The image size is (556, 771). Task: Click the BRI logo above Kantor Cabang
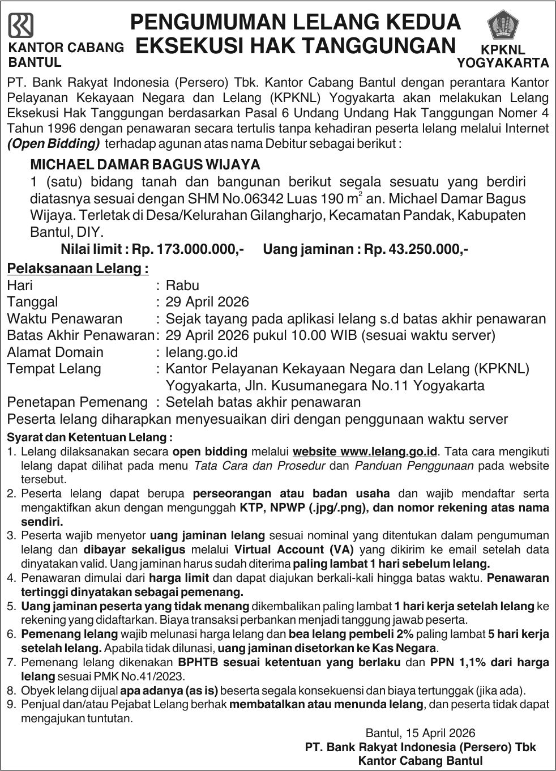coord(21,25)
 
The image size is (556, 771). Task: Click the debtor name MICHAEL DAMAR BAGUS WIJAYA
coord(145,165)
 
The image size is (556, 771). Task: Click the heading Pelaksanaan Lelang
coord(78,267)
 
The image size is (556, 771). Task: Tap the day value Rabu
coord(182,285)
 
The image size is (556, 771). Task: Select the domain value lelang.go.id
coord(202,352)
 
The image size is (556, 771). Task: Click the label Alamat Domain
coord(55,352)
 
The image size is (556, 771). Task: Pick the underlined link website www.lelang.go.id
coord(365,451)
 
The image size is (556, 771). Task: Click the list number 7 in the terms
coord(11,662)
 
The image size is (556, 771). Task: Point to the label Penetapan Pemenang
coord(77,402)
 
